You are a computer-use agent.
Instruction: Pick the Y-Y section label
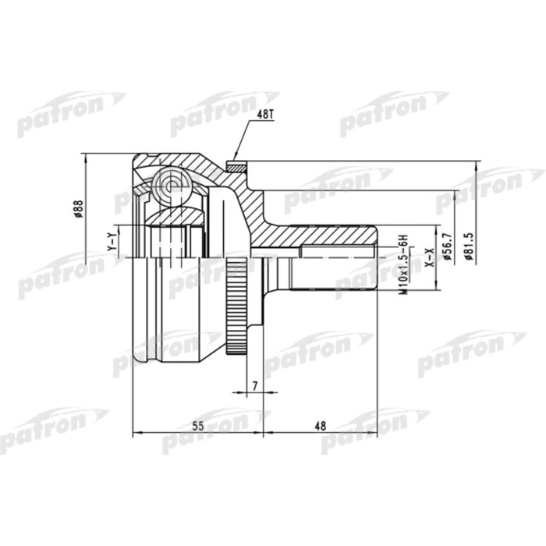click(x=112, y=243)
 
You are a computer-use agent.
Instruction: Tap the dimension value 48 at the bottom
click(x=319, y=425)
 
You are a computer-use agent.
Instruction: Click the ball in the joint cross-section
click(x=171, y=185)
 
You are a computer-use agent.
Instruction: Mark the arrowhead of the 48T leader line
click(x=235, y=159)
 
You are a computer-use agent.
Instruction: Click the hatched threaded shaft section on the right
click(x=335, y=237)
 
